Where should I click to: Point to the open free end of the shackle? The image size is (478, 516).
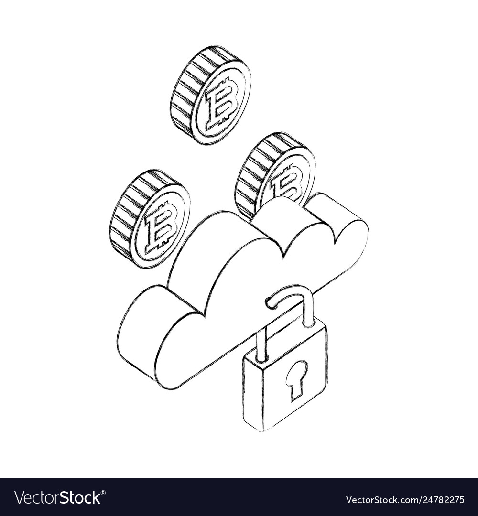click(x=271, y=303)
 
